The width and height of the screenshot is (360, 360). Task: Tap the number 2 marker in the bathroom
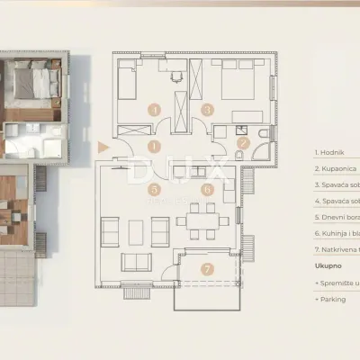[x=242, y=142]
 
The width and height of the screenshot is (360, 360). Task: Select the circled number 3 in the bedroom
[x=207, y=110]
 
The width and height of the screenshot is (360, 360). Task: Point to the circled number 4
[x=155, y=110]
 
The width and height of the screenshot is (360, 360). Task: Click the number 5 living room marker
[x=155, y=190]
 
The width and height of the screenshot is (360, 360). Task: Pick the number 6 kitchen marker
[x=207, y=190]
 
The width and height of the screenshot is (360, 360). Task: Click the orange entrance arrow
[x=102, y=145]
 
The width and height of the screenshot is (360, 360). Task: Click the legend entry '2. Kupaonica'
[x=337, y=168]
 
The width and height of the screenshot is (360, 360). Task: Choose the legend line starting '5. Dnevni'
[x=337, y=217]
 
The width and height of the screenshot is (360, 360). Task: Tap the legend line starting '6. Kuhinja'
[x=337, y=233]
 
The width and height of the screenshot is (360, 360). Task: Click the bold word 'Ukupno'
[x=328, y=266]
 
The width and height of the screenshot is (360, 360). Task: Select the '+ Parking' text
[x=332, y=300]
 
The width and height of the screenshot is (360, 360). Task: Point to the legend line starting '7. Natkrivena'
[x=337, y=249]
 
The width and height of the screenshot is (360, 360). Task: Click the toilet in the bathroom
[x=260, y=136]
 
